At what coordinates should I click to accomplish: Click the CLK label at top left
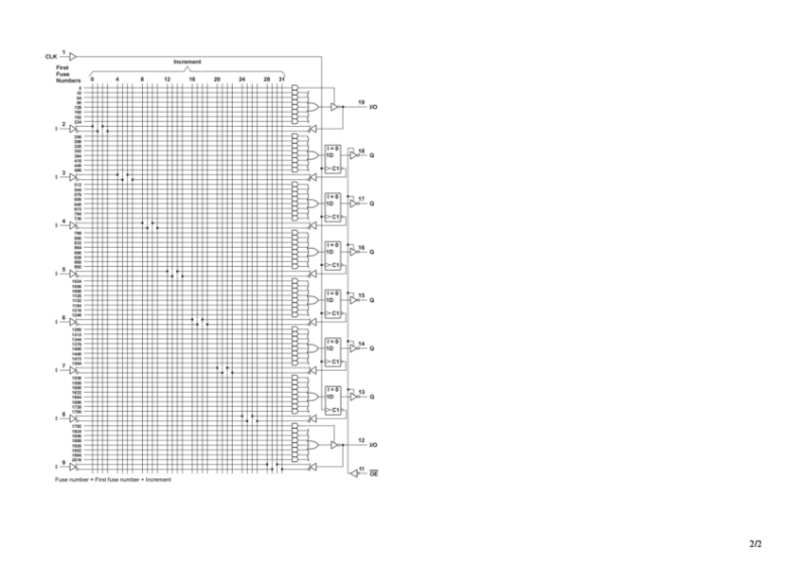(x=50, y=57)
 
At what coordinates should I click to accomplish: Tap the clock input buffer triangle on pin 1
(x=73, y=56)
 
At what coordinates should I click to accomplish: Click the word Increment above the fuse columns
(x=187, y=62)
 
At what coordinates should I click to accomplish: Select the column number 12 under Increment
(x=167, y=80)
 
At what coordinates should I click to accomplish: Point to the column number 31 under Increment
(x=281, y=80)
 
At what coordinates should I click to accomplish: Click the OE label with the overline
(x=373, y=471)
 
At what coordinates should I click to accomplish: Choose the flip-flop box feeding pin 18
(x=332, y=159)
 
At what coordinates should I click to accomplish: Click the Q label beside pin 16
(x=371, y=252)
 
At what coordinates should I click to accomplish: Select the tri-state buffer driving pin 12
(x=334, y=445)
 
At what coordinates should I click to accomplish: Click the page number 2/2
(x=755, y=544)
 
